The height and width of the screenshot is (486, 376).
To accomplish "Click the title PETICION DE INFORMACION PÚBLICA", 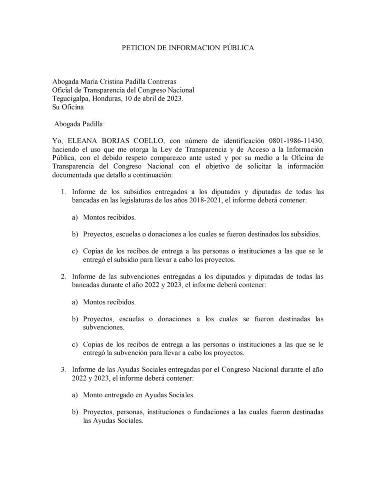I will [x=188, y=48].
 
